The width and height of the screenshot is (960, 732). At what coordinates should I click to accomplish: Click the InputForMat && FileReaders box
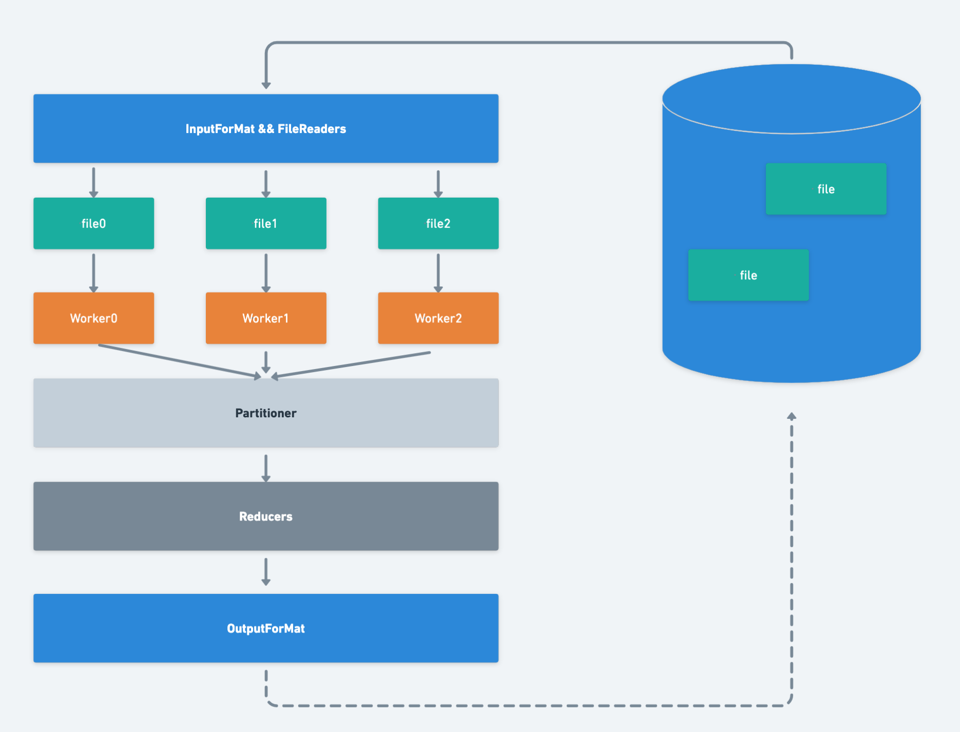[x=266, y=128]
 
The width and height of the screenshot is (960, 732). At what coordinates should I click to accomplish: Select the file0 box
[x=93, y=223]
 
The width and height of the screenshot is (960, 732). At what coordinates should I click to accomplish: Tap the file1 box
[x=266, y=223]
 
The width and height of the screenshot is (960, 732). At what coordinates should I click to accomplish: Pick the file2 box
[x=438, y=223]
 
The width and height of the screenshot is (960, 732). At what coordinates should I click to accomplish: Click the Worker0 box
[x=93, y=318]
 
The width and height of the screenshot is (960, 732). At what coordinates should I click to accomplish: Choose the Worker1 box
[x=266, y=318]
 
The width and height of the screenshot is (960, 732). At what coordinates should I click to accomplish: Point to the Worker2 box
[x=438, y=318]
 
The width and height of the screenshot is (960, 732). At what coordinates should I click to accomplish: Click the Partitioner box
[x=266, y=413]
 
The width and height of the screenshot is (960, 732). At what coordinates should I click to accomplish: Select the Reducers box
[x=266, y=516]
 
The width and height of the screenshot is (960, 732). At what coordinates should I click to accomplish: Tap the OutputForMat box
[x=266, y=628]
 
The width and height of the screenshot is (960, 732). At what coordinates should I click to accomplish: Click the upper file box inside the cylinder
[x=826, y=189]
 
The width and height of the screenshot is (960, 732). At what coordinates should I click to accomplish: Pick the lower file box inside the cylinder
[x=748, y=275]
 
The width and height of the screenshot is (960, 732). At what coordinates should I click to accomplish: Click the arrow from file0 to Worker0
[x=93, y=273]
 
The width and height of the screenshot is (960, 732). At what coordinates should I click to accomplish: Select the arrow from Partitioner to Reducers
[x=266, y=468]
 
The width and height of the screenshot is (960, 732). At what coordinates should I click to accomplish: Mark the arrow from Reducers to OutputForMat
[x=266, y=572]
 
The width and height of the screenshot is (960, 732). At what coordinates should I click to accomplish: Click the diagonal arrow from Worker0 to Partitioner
[x=180, y=361]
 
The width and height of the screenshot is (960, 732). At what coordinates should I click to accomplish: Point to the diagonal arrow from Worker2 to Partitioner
[x=351, y=365]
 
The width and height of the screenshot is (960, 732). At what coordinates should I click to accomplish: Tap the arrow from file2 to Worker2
[x=438, y=273]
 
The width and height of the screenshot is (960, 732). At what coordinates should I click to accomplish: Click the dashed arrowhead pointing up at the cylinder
[x=792, y=416]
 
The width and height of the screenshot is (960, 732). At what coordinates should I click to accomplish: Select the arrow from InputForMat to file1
[x=266, y=184]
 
